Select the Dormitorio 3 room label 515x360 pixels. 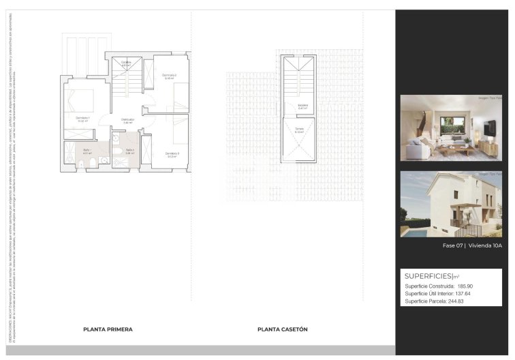click(172, 153)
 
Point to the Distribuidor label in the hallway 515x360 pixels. click(127, 119)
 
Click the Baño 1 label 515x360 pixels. click(87, 150)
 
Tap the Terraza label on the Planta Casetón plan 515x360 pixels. click(299, 129)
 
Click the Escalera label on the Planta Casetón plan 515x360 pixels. click(302, 105)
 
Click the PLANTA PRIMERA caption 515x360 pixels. click(108, 329)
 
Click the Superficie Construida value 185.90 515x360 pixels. click(465, 286)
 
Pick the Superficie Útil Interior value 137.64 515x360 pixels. click(463, 294)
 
